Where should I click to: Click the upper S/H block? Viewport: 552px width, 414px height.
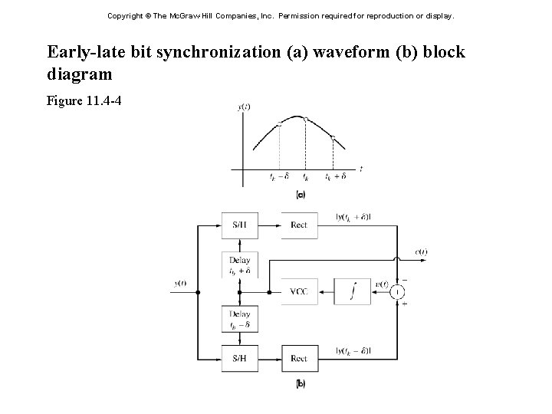240,225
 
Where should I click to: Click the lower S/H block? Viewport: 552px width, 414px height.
240,358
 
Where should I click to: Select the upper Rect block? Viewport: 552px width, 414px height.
299,225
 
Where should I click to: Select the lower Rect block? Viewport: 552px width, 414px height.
299,358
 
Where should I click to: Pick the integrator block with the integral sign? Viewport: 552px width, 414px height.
353,291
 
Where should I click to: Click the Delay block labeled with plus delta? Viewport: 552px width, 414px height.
240,264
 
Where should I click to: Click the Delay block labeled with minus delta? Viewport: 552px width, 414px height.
240,320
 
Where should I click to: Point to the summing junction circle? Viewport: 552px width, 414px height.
397,291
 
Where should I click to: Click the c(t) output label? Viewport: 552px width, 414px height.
422,251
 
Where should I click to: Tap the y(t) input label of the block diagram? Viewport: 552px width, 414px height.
180,284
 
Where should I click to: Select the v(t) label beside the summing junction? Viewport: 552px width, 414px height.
380,284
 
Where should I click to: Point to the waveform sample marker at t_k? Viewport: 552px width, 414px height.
306,120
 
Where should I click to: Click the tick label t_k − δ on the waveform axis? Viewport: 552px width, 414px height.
279,176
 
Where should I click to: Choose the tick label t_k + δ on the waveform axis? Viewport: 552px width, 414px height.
335,176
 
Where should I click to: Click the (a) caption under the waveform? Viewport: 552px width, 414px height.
301,195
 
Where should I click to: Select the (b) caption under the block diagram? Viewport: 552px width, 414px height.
301,383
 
